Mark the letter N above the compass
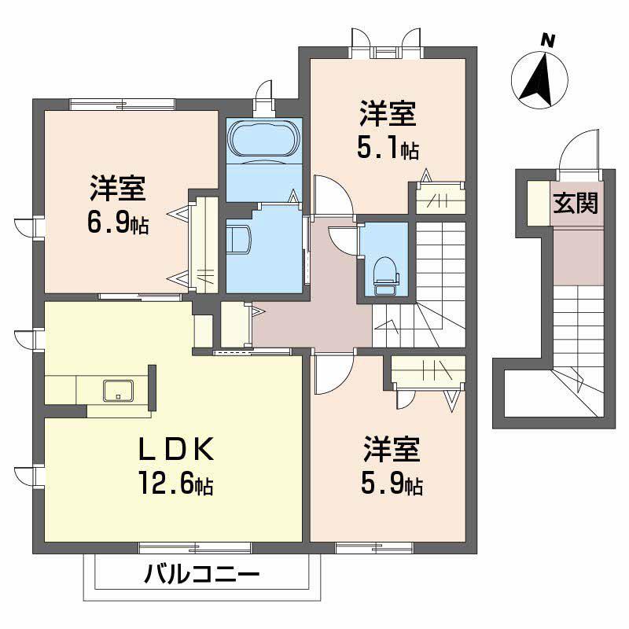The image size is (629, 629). point(549,39)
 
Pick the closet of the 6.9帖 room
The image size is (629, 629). point(204,244)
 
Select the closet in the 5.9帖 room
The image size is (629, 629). point(425,370)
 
